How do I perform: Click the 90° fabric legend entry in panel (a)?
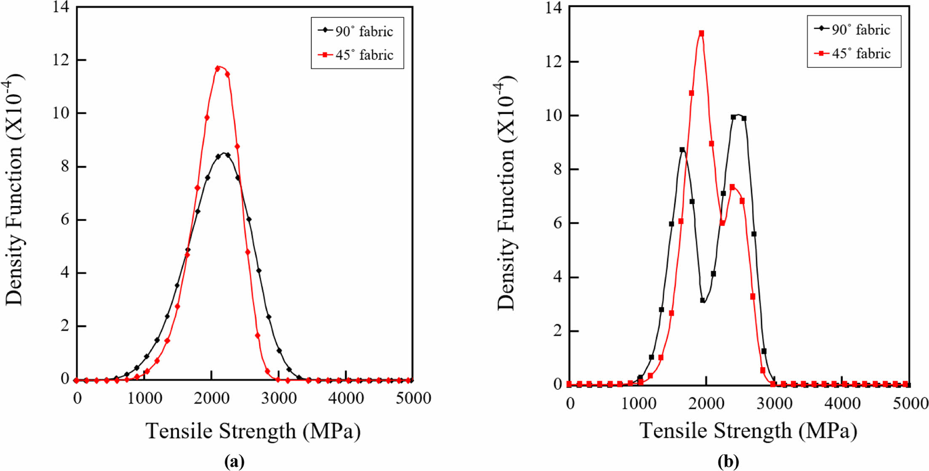click(x=356, y=31)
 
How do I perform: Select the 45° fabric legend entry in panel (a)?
click(x=356, y=55)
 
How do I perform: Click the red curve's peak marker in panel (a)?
click(x=218, y=68)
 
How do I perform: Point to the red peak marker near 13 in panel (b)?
click(x=701, y=33)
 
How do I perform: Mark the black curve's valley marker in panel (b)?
click(x=702, y=300)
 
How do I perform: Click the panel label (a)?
click(x=234, y=462)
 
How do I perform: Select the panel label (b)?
click(x=728, y=462)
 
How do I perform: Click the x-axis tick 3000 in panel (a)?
click(x=278, y=398)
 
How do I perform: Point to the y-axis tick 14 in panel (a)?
click(x=62, y=7)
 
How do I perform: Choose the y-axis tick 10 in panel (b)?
click(x=554, y=116)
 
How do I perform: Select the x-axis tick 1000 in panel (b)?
click(x=638, y=404)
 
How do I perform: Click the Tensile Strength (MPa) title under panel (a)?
click(x=253, y=431)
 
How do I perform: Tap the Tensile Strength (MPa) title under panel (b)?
click(x=748, y=431)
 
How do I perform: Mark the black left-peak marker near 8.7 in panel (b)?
click(x=682, y=150)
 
